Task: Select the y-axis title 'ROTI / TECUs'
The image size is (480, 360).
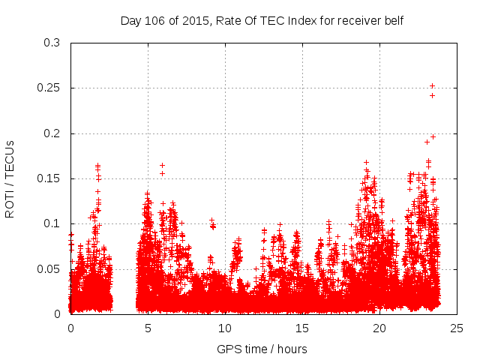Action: (10, 178)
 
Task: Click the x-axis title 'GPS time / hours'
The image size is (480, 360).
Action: (262, 349)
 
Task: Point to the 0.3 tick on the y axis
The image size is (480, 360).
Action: (52, 43)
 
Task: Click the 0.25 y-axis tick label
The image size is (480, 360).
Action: (49, 88)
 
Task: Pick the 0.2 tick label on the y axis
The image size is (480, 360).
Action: (52, 133)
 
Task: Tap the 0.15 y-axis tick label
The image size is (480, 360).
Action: (49, 178)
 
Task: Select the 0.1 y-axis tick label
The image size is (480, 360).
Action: (52, 223)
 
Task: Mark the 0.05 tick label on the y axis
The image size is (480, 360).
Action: (49, 268)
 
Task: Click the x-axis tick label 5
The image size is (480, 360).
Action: (148, 328)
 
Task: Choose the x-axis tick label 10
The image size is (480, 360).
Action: (225, 328)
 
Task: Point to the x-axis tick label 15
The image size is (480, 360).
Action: (302, 328)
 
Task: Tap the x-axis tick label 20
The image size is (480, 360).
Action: (379, 328)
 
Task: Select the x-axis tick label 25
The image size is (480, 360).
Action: (457, 328)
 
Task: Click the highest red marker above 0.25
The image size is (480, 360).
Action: (432, 85)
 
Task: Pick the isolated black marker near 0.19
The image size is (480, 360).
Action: (427, 142)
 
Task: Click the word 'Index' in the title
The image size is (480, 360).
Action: (297, 20)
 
